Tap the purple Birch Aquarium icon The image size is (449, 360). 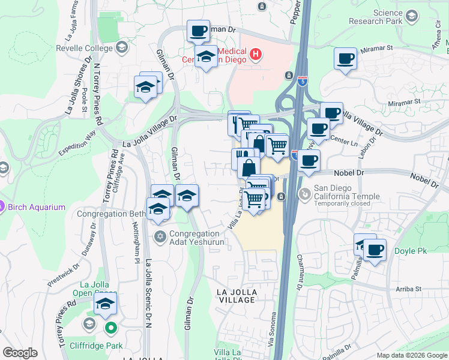pyautogui.click(x=2, y=207)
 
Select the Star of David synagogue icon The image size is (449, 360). pyautogui.click(x=160, y=235)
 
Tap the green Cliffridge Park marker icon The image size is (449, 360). pyautogui.click(x=110, y=328)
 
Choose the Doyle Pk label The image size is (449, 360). pyautogui.click(x=411, y=250)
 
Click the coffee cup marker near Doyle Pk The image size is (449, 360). pyautogui.click(x=375, y=250)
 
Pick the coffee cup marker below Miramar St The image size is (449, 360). pyautogui.click(x=345, y=59)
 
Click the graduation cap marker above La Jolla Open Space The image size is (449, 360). pyautogui.click(x=106, y=304)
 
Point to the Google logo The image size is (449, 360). pyautogui.click(x=20, y=353)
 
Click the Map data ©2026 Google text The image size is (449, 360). pyautogui.click(x=411, y=355)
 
